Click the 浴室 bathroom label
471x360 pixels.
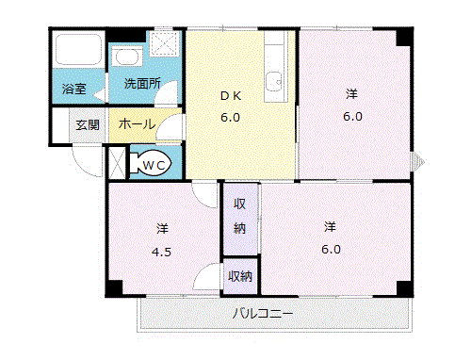tap(74, 90)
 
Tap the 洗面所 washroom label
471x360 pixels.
tap(142, 84)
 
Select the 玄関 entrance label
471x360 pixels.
tap(88, 124)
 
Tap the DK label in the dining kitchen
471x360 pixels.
tap(231, 95)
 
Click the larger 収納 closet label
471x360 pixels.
tap(240, 216)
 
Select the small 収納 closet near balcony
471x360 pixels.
tap(240, 276)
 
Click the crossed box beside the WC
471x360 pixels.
tap(117, 163)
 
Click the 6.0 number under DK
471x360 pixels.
tap(231, 118)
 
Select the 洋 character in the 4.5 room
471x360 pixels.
tap(162, 228)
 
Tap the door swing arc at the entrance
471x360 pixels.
tap(89, 160)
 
